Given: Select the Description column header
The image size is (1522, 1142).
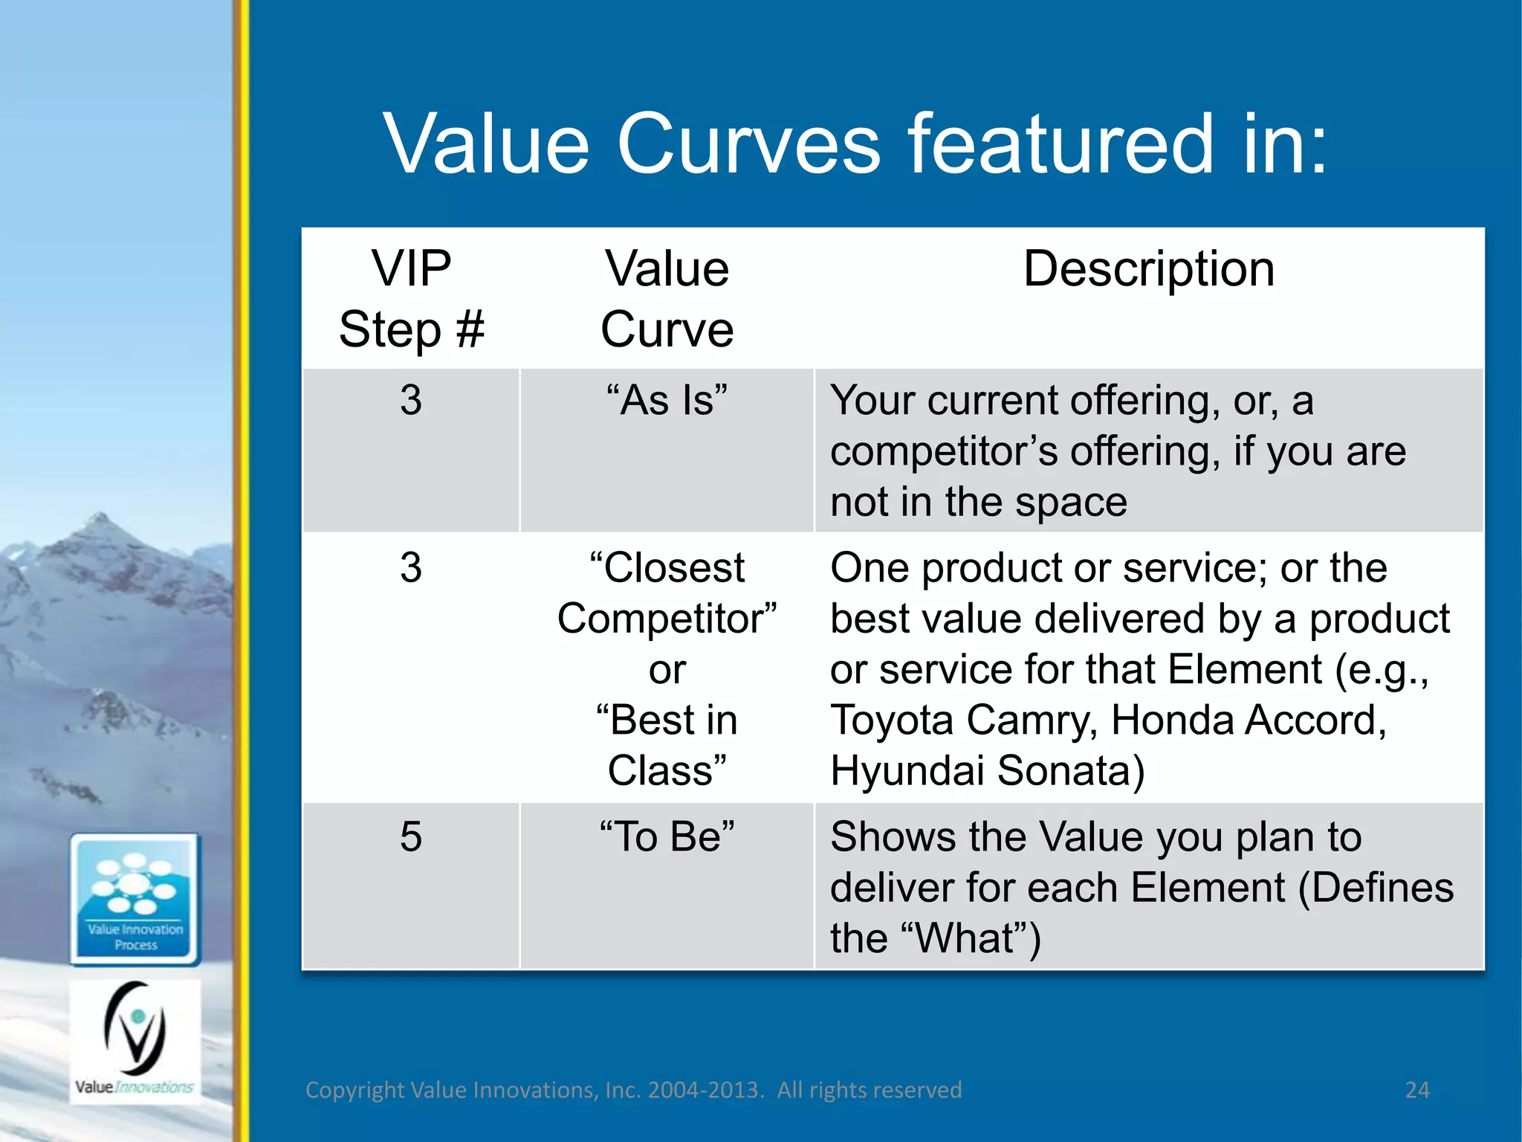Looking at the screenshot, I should (1148, 269).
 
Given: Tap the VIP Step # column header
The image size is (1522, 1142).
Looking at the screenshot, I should (411, 299).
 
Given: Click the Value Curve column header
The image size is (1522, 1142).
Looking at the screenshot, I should (667, 299).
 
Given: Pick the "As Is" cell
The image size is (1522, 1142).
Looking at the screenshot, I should (667, 401).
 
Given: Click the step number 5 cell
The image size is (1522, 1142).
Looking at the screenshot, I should (411, 837).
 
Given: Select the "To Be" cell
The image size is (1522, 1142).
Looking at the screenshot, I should (667, 837).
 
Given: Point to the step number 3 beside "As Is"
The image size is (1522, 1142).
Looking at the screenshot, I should (411, 401).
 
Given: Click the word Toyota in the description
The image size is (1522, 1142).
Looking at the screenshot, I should (892, 720).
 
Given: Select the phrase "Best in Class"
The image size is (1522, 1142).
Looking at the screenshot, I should (667, 746).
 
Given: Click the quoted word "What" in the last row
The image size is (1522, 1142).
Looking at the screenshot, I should (965, 938).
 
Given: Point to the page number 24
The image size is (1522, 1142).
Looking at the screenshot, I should (1417, 1090).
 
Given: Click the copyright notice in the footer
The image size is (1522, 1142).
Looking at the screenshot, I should (633, 1090).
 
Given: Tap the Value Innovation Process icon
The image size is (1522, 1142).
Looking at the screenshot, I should (135, 899).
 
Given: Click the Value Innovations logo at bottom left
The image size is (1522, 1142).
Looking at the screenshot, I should (135, 1041).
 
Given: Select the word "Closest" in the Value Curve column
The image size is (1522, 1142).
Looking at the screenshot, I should (668, 569).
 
